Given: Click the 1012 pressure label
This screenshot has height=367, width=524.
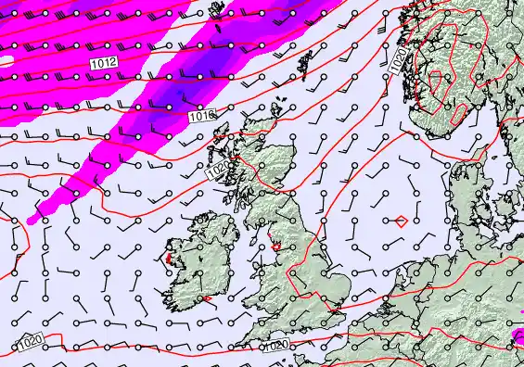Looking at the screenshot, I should tap(104, 61).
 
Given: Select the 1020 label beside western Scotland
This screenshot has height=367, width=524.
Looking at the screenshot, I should tap(216, 171).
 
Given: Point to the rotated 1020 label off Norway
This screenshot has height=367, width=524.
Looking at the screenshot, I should tap(396, 62).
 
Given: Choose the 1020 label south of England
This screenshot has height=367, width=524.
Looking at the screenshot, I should tap(275, 345).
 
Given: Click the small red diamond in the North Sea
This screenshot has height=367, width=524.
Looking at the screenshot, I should tap(399, 221).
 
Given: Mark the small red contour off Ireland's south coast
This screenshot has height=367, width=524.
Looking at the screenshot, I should tap(206, 299).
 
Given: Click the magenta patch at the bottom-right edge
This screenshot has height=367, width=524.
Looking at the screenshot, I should tap(518, 333).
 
